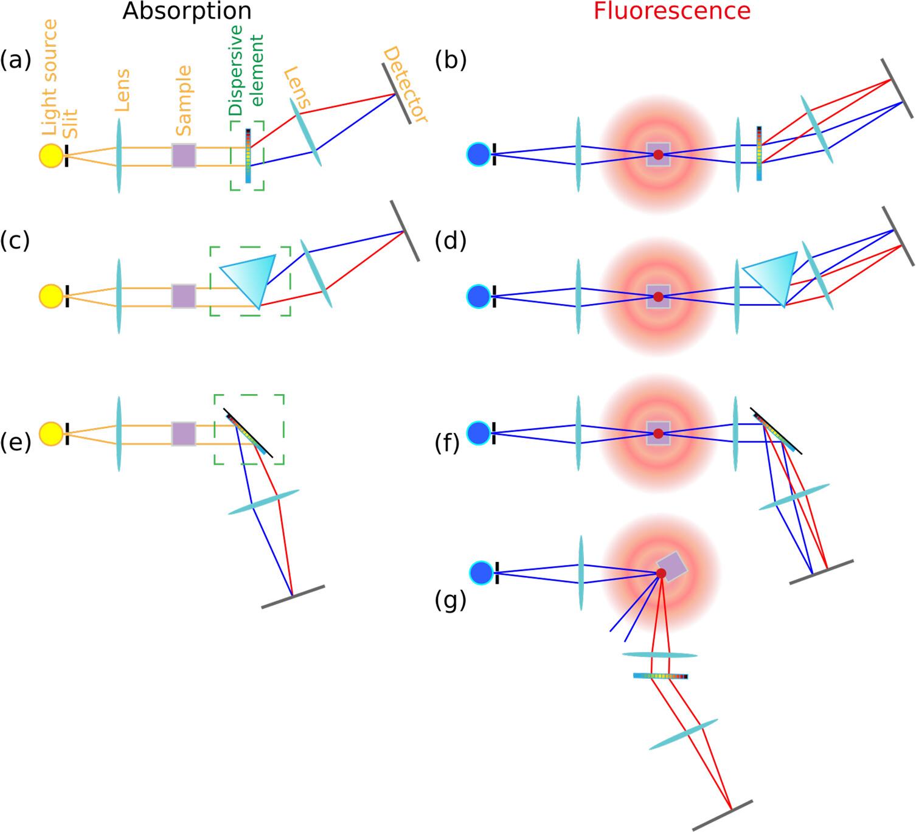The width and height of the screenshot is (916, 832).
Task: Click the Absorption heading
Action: coord(187,12)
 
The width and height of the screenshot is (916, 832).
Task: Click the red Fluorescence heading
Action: coord(671,12)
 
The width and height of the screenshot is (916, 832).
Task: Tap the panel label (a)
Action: coord(15,60)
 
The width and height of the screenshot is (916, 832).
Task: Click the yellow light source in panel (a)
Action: coord(51,155)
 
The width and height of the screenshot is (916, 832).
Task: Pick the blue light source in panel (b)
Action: coord(479,154)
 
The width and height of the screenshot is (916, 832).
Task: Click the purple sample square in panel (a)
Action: coord(184,155)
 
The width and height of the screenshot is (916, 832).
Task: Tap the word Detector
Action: coord(406,85)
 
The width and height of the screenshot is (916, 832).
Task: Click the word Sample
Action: coord(183,101)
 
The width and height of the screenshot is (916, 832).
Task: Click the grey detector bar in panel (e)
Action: coord(293,597)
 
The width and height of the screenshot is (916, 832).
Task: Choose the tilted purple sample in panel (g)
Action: coord(673,567)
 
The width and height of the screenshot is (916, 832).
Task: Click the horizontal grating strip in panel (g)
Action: coord(661,676)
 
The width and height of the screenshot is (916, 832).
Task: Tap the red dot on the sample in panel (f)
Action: coord(658,434)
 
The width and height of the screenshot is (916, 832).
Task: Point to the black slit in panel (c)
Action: coord(67,296)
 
